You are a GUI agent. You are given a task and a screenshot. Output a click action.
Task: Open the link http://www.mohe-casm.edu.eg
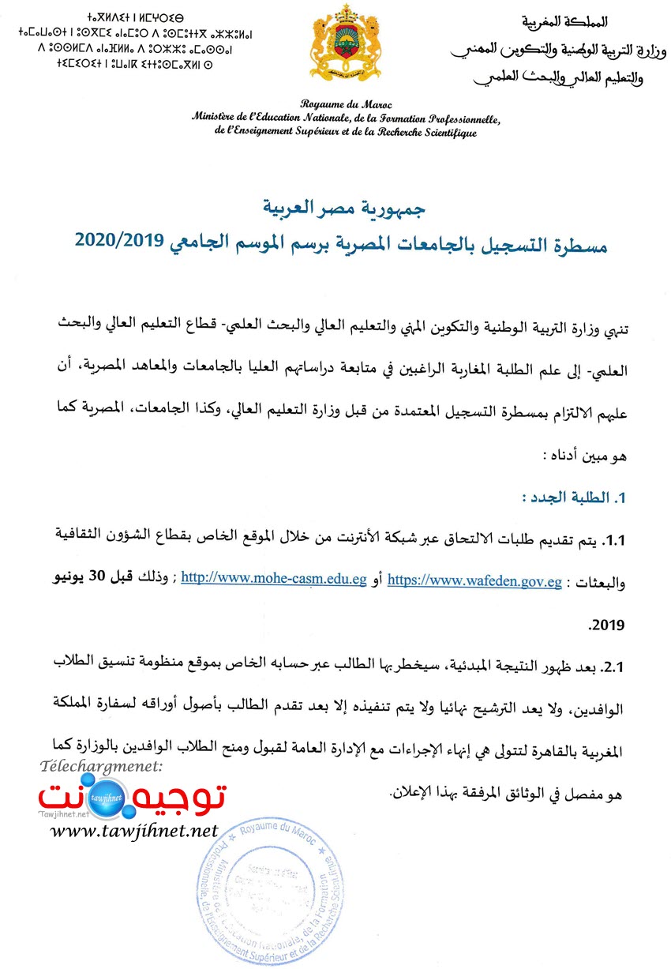coord(274,579)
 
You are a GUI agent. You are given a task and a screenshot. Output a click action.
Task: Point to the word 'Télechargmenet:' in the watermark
coord(100,767)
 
